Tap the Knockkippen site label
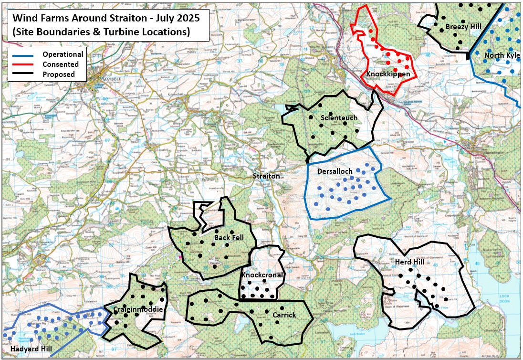tap(388, 74)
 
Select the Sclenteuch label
tap(339, 118)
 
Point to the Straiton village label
tap(266, 176)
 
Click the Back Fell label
tap(229, 237)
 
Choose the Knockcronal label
tap(262, 275)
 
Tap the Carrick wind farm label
tap(284, 315)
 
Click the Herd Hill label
tap(409, 262)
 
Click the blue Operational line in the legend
tap(24, 54)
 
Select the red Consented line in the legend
tap(24, 64)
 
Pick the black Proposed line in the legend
tap(24, 74)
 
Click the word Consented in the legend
tap(60, 64)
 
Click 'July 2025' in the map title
tap(177, 18)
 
